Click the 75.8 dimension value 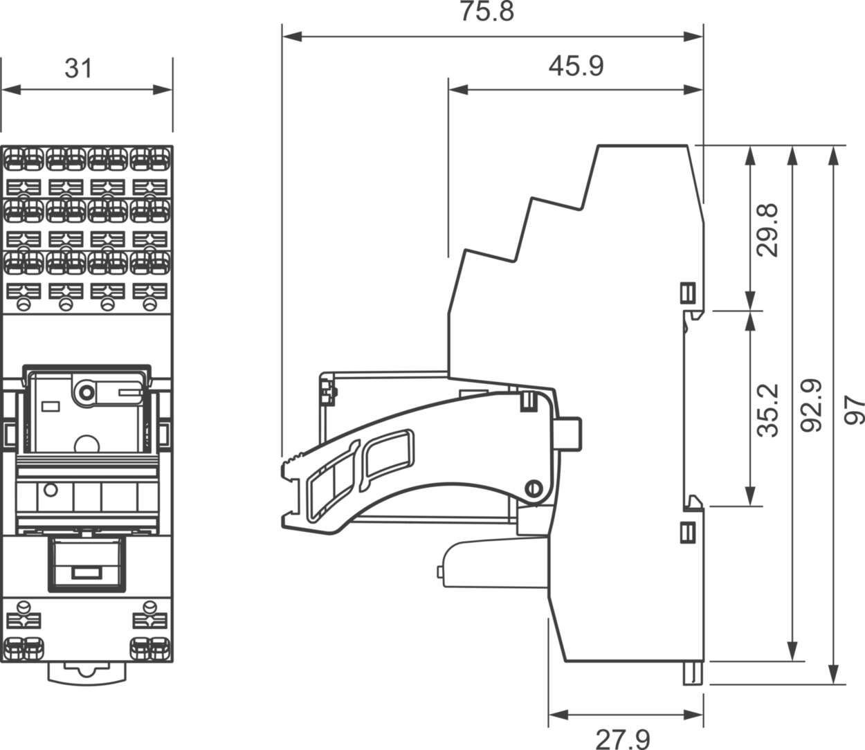[x=487, y=12]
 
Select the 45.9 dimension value [x=576, y=66]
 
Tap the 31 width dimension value [x=78, y=68]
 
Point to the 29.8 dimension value [x=767, y=230]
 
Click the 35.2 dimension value [x=767, y=410]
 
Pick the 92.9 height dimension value [x=810, y=405]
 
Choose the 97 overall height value [x=855, y=410]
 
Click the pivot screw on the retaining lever [x=533, y=487]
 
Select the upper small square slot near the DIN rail [x=688, y=293]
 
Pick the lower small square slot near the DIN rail [x=688, y=532]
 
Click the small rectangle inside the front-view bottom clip [x=86, y=573]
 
